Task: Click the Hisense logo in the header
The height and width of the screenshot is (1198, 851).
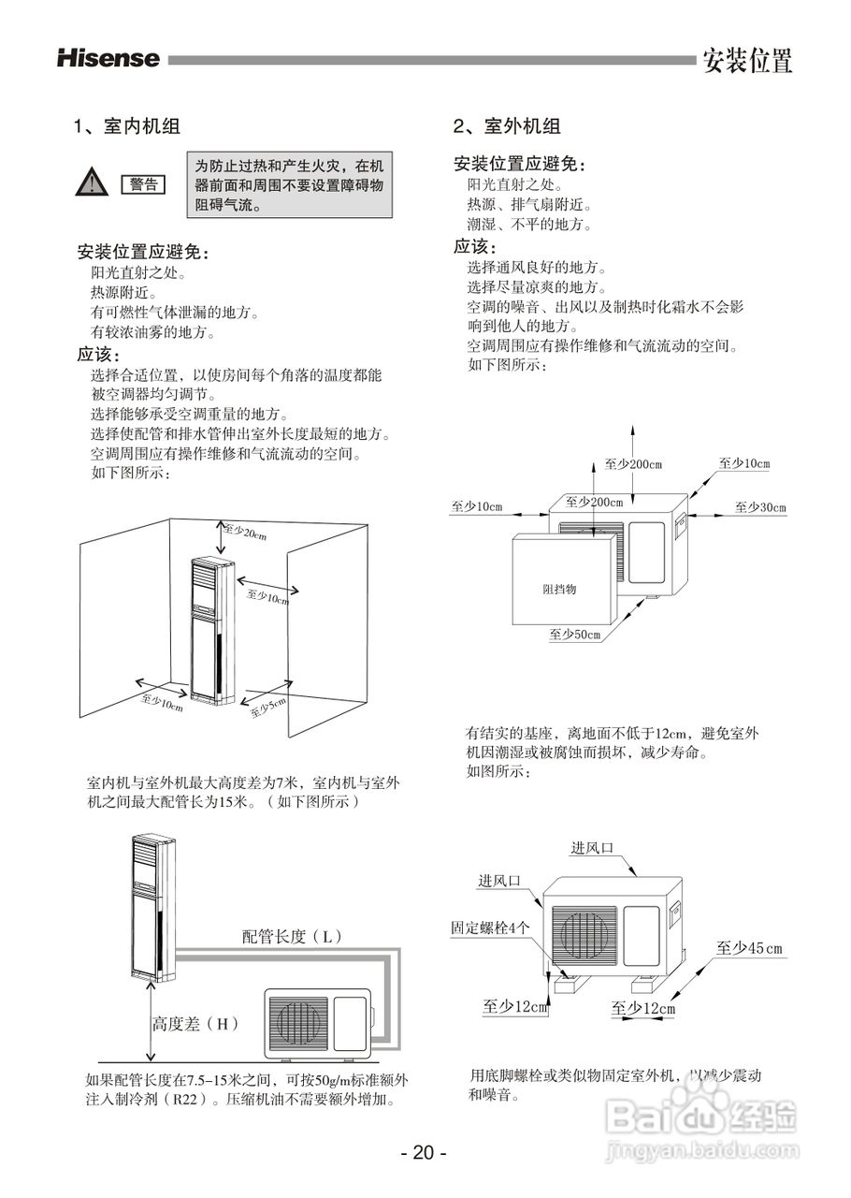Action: pos(108,59)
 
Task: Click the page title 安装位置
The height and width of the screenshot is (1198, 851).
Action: pos(747,62)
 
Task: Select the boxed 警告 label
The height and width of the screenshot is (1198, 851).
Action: pos(143,184)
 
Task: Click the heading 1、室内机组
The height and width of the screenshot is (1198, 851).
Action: pos(127,126)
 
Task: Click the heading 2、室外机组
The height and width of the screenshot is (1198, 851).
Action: pos(507,126)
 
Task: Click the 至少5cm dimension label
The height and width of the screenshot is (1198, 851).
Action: pos(267,709)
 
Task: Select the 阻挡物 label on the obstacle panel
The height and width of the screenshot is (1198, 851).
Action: pos(559,590)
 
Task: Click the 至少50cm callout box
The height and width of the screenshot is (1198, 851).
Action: pos(574,635)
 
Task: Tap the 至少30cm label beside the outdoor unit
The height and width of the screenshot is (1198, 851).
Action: pos(760,507)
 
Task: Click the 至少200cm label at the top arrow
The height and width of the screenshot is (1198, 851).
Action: pos(633,464)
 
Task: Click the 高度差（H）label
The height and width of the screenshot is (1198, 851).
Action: pos(195,1024)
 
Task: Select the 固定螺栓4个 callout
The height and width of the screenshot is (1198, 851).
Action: pos(491,928)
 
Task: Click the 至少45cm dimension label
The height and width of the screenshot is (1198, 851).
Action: pos(749,948)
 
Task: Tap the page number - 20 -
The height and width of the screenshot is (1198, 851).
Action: pos(424,1153)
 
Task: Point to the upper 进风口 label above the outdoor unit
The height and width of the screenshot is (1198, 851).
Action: pos(592,848)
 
